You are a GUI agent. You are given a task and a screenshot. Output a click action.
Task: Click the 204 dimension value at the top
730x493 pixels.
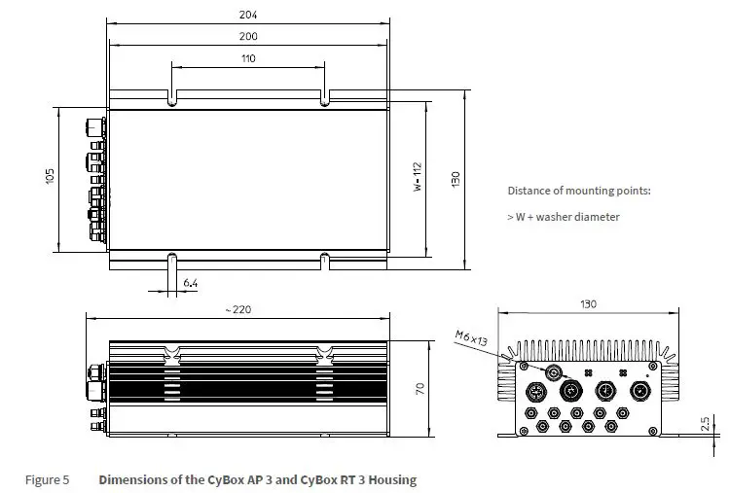(x=250, y=15)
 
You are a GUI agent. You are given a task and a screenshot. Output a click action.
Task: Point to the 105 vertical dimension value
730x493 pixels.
(x=50, y=176)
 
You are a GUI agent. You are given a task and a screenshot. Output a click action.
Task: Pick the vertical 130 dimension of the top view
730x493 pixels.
(x=455, y=181)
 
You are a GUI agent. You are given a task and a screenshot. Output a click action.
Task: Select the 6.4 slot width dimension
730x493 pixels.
(x=191, y=283)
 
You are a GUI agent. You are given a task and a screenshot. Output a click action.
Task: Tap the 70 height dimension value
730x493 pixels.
(x=420, y=388)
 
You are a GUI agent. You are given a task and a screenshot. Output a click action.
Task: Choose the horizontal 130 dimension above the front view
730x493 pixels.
(x=588, y=304)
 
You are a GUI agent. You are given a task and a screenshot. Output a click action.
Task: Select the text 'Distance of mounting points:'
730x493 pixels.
(x=578, y=191)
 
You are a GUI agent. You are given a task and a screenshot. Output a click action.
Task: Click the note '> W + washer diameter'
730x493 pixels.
(x=563, y=217)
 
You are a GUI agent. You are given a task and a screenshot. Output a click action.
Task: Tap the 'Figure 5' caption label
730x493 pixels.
(x=46, y=479)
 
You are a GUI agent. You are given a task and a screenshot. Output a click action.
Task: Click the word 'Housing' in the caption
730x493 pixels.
(x=392, y=479)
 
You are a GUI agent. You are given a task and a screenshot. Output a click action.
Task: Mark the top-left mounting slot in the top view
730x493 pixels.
(x=172, y=98)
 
